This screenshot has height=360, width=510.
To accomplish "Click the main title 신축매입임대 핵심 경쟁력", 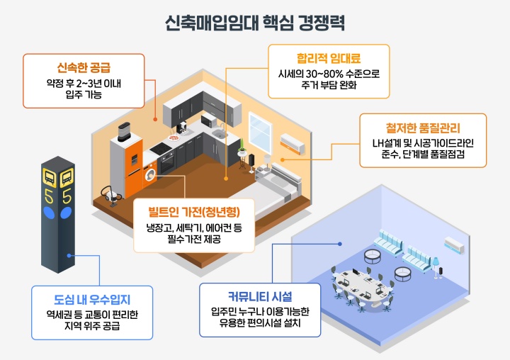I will pyautogui.click(x=254, y=21).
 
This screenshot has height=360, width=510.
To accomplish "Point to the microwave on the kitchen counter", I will pyautogui.click(x=208, y=121).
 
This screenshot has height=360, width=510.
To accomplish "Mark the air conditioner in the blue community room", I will pyautogui.click(x=454, y=244).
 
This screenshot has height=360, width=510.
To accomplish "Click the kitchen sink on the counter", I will pyautogui.click(x=220, y=134).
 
